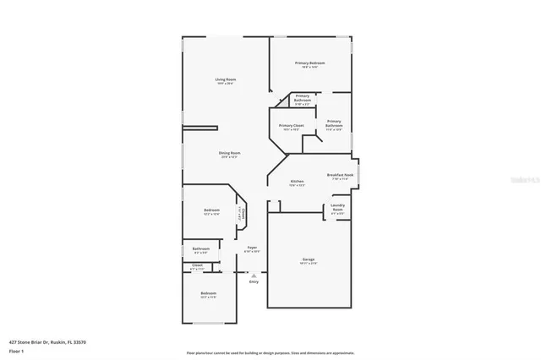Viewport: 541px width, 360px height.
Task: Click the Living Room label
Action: pyautogui.click(x=224, y=79)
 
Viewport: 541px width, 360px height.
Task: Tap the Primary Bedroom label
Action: pyautogui.click(x=310, y=63)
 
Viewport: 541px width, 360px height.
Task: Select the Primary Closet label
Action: pyautogui.click(x=292, y=125)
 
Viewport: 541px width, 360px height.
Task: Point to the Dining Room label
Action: pyautogui.click(x=229, y=153)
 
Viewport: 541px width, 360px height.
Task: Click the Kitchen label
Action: pyautogui.click(x=297, y=182)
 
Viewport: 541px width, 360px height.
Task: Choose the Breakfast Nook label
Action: pyautogui.click(x=341, y=175)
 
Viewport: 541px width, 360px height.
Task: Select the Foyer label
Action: pyautogui.click(x=252, y=248)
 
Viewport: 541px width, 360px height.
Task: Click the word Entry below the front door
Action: pyautogui.click(x=254, y=281)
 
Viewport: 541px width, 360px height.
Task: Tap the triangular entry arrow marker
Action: pyautogui.click(x=254, y=274)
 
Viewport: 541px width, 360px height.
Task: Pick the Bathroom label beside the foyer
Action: pyautogui.click(x=201, y=248)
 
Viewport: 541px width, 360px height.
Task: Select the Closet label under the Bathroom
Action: pyautogui.click(x=197, y=265)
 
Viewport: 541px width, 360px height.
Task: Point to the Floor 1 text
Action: pyautogui.click(x=16, y=350)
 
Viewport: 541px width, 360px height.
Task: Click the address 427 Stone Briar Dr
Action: pyautogui.click(x=30, y=341)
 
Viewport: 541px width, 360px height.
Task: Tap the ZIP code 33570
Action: pyautogui.click(x=80, y=341)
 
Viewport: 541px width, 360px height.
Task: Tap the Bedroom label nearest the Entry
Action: pyautogui.click(x=208, y=295)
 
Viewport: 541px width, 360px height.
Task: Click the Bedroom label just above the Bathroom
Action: pyautogui.click(x=211, y=210)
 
